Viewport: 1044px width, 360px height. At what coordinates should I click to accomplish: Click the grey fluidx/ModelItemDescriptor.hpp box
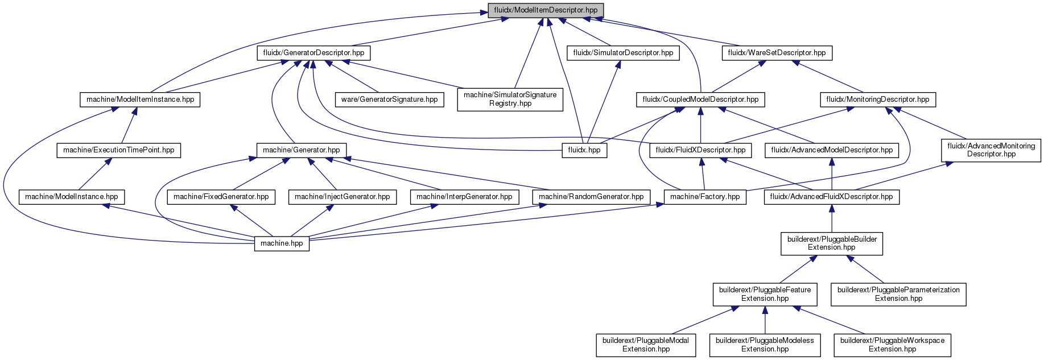click(x=546, y=10)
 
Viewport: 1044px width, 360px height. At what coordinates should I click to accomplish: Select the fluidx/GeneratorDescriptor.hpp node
click(x=313, y=53)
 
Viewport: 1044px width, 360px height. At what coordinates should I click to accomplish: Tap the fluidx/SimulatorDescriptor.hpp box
click(x=623, y=53)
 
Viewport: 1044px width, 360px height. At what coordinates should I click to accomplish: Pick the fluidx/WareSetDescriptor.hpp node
click(x=777, y=53)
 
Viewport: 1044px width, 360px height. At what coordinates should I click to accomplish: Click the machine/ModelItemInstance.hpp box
click(x=140, y=100)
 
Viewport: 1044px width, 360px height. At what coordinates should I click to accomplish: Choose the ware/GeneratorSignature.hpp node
click(x=390, y=100)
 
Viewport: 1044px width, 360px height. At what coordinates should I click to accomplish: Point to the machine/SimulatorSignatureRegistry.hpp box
click(x=510, y=99)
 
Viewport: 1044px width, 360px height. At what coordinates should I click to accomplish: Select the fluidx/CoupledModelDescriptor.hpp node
click(x=700, y=100)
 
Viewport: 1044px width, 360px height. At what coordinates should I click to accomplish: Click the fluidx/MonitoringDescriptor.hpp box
click(x=878, y=100)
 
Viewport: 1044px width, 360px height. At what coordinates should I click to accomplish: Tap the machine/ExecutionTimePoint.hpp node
click(x=119, y=150)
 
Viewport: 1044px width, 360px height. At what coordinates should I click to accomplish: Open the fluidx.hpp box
click(x=585, y=150)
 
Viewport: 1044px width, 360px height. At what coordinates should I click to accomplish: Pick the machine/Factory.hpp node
click(x=705, y=197)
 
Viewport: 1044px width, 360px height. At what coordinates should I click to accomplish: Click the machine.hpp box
click(x=282, y=243)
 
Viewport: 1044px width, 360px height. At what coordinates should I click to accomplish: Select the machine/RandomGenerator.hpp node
click(x=591, y=197)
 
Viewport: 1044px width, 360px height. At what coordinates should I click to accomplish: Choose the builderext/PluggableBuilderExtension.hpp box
click(x=832, y=243)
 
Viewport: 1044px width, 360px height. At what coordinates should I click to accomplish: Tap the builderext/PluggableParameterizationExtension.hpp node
click(x=898, y=294)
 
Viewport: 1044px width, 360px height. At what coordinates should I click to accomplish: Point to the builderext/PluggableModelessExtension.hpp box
click(x=765, y=345)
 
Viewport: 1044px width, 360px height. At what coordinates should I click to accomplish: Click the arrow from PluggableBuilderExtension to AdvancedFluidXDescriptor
click(x=832, y=218)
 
